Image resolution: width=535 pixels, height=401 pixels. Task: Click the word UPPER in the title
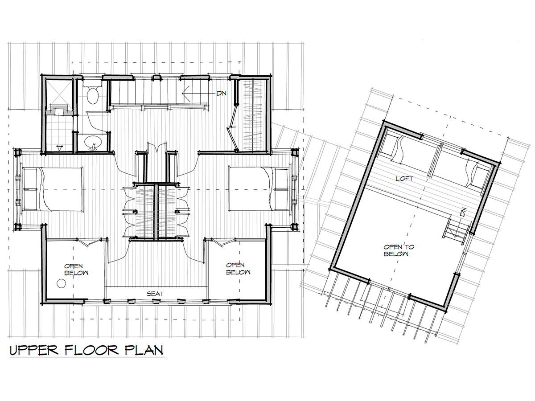[x=34, y=350]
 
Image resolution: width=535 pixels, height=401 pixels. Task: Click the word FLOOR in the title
[x=92, y=350]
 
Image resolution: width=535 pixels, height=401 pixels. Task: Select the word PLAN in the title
[x=144, y=350]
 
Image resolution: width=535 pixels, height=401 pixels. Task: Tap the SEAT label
[x=155, y=294]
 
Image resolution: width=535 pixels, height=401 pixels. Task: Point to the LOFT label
[x=405, y=179]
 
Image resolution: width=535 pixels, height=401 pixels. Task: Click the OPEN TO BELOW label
[x=399, y=250]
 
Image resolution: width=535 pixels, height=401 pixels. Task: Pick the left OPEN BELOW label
[x=76, y=270]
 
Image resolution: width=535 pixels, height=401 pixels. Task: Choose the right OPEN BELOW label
[x=238, y=269]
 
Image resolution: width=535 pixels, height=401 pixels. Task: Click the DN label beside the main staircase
[x=221, y=93]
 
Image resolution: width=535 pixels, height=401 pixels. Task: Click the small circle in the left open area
[x=61, y=283]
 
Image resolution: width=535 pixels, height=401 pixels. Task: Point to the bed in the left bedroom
[x=53, y=189]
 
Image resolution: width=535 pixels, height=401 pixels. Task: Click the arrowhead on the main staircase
[x=186, y=94]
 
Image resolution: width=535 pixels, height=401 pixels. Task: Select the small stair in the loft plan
[x=455, y=229]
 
